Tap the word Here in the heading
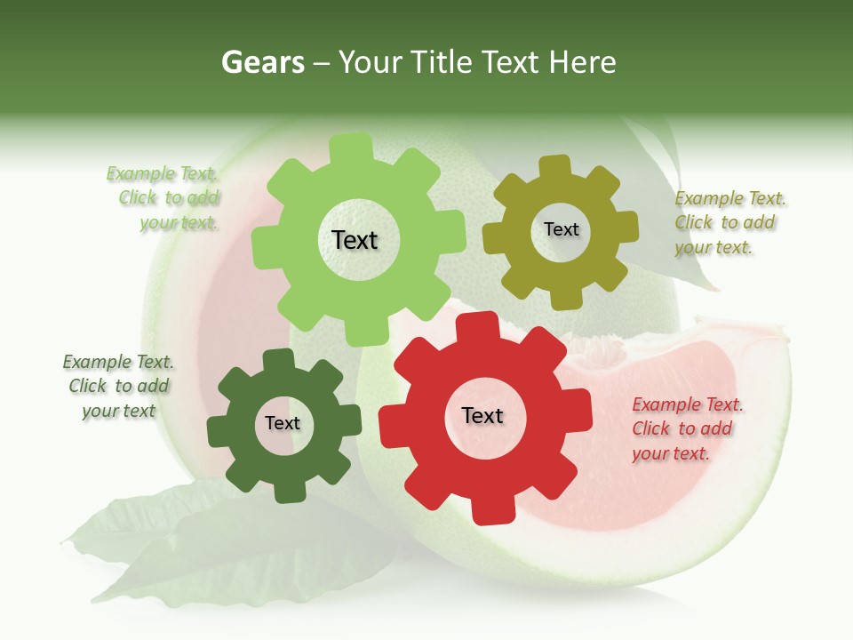(x=582, y=62)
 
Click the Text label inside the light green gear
(x=355, y=240)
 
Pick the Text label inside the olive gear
(x=561, y=229)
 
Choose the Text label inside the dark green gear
(x=283, y=423)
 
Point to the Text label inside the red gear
(x=482, y=415)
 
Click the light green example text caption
(x=163, y=198)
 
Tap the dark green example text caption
(x=118, y=386)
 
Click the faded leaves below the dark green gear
(x=222, y=542)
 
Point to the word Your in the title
(x=372, y=62)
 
